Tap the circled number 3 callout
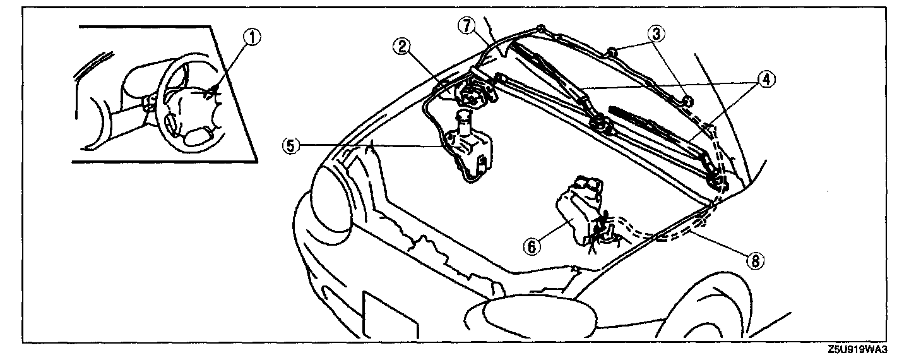pos(656,35)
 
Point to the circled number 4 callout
pos(765,80)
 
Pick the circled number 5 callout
pos(290,145)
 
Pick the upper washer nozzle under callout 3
pos(612,52)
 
